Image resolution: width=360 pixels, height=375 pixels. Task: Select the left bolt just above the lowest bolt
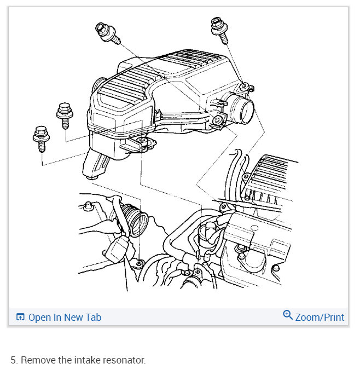[64, 114]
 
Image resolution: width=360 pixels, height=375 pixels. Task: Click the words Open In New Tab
[65, 317]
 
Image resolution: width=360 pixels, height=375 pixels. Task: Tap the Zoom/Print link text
[320, 317]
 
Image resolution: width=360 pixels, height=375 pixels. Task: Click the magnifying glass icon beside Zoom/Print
[288, 315]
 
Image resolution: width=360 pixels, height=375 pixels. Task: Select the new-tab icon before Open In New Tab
[20, 317]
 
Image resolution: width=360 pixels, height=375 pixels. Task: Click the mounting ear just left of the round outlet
[218, 121]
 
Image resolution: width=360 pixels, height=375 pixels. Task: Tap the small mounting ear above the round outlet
[246, 86]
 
